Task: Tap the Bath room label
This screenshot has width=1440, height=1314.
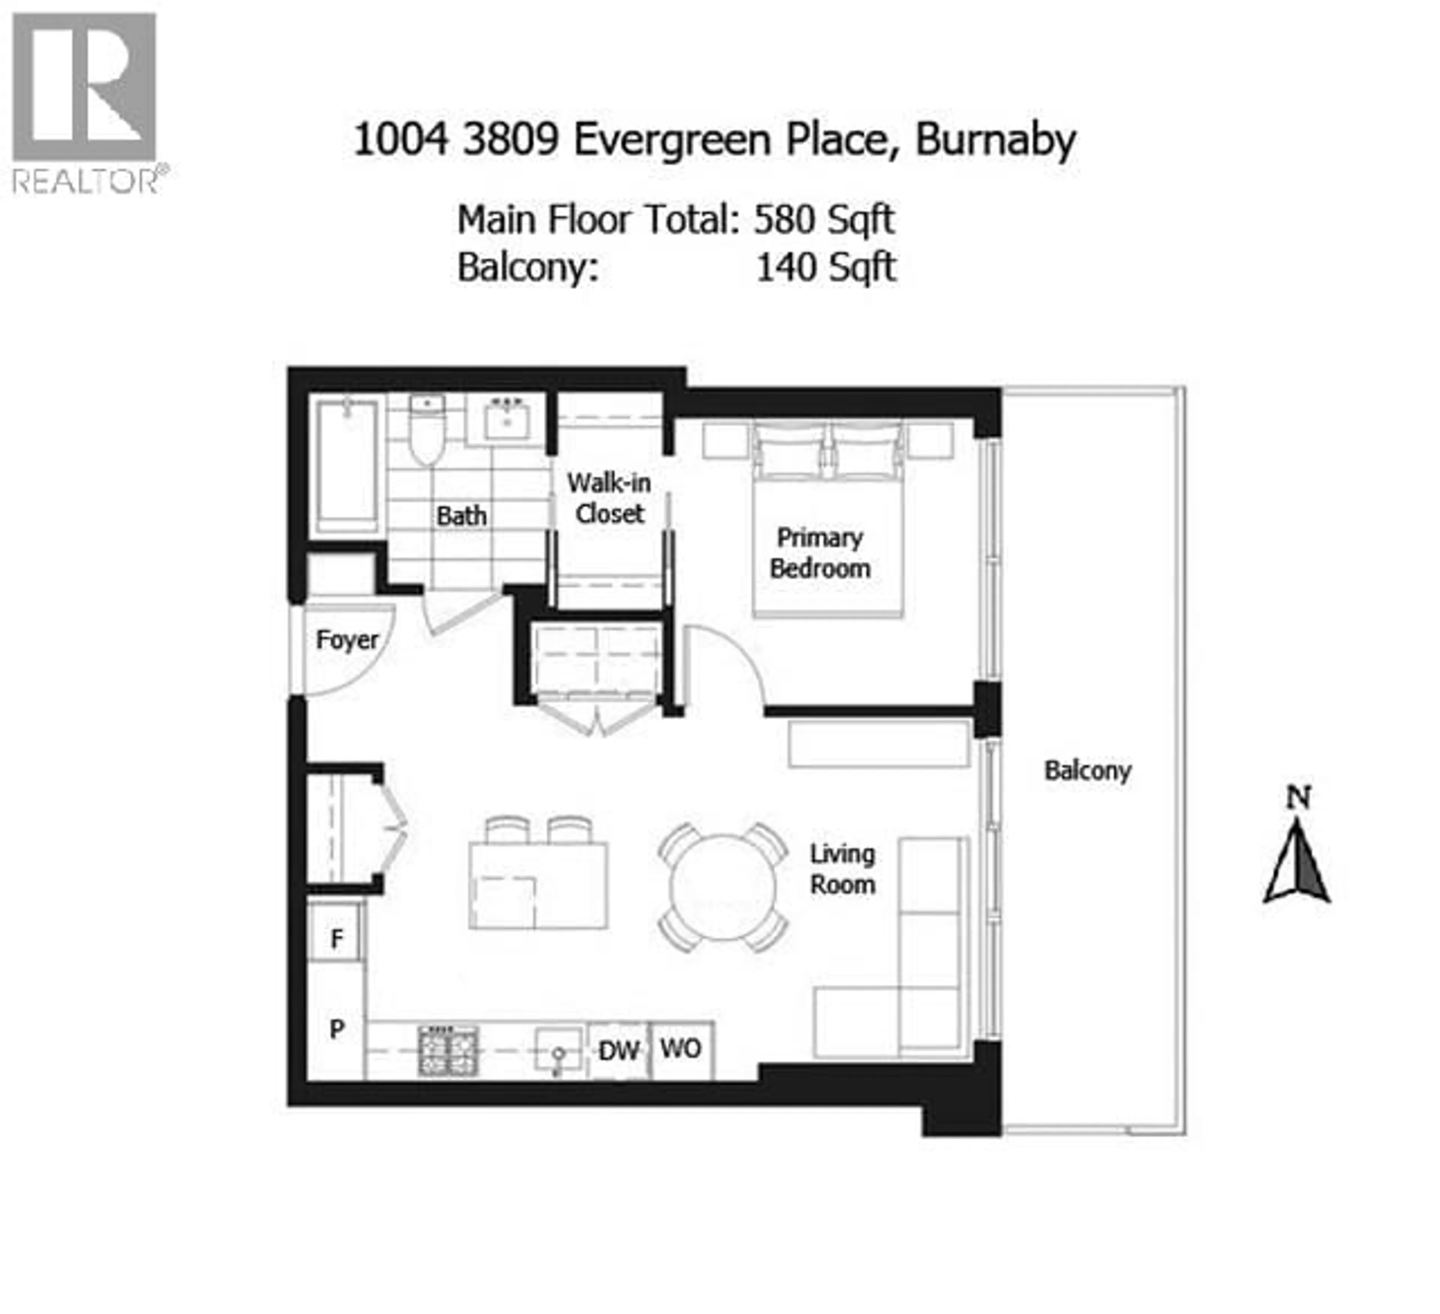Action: point(461,516)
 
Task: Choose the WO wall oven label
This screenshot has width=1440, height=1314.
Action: point(681,1049)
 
